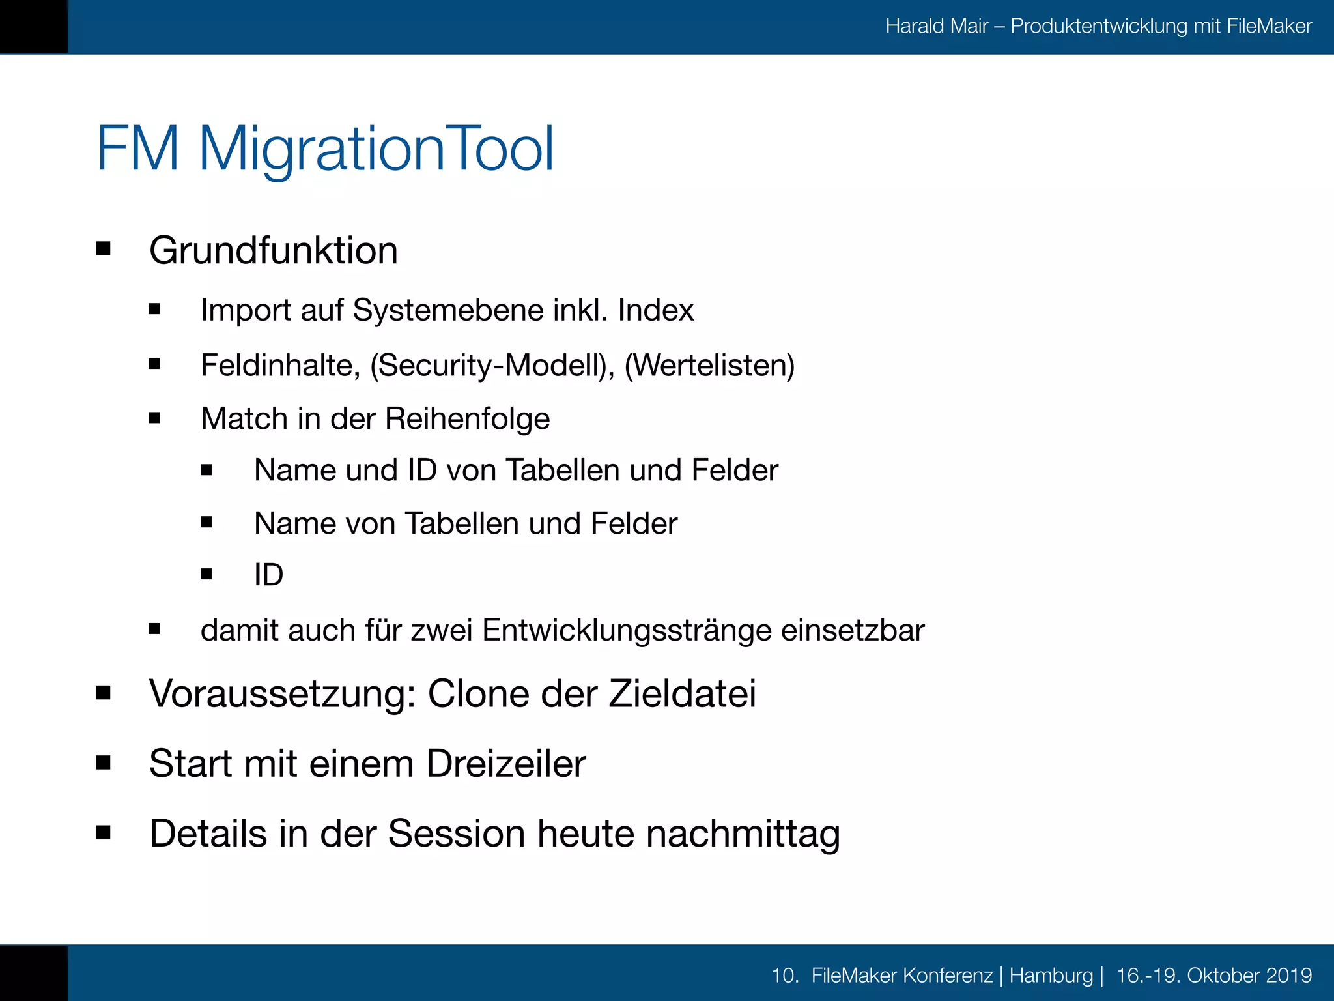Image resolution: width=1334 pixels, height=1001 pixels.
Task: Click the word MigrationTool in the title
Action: point(376,150)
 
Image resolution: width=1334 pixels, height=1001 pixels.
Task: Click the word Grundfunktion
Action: point(273,251)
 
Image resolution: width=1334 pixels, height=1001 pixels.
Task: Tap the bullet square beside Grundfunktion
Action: point(103,249)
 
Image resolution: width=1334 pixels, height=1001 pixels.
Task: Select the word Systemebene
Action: point(448,311)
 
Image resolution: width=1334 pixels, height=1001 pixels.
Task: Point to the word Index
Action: point(655,310)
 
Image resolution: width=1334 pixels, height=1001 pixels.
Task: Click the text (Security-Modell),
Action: point(492,366)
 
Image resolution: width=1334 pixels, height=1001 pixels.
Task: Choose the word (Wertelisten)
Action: point(709,366)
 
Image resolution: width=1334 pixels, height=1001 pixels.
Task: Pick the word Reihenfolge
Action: point(467,419)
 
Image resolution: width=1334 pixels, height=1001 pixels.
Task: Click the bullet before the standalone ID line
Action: point(206,574)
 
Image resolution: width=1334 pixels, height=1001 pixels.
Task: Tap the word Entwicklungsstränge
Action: point(627,631)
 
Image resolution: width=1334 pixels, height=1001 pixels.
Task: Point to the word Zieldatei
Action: point(682,694)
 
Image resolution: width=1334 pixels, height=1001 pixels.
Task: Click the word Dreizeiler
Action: point(505,764)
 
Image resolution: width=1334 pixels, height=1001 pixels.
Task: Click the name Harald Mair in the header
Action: point(937,26)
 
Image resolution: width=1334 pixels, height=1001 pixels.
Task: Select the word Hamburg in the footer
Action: point(1051,976)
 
